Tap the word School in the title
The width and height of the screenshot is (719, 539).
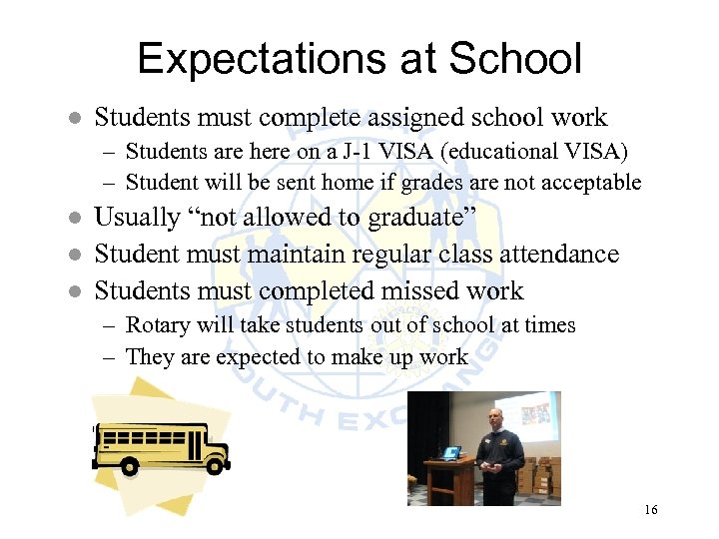[x=515, y=59]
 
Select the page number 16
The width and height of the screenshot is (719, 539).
[x=651, y=510]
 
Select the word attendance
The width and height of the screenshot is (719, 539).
[x=551, y=255]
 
